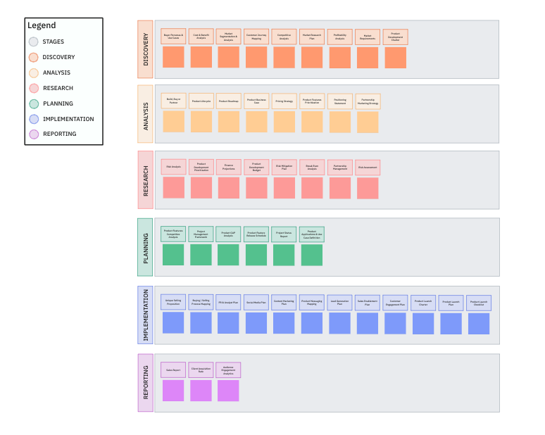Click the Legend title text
coord(42,26)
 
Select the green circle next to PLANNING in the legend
coord(33,103)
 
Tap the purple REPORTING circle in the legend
coord(33,134)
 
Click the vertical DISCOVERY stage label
coord(145,49)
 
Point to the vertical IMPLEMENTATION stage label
coord(145,315)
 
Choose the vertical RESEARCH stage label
coord(145,180)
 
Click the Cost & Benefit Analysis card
coord(201,37)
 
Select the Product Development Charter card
coord(395,37)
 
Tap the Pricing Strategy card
coord(284,101)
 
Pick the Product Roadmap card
coord(228,101)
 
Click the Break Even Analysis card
coord(312,167)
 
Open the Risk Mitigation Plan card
coord(284,167)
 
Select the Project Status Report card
coord(284,234)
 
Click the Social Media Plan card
coord(256,303)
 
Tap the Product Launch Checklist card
coord(479,303)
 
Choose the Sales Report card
coord(173,370)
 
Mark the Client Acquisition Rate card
coord(201,370)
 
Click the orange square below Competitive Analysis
coord(284,58)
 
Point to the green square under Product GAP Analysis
coord(228,255)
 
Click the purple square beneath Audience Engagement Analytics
coord(228,391)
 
